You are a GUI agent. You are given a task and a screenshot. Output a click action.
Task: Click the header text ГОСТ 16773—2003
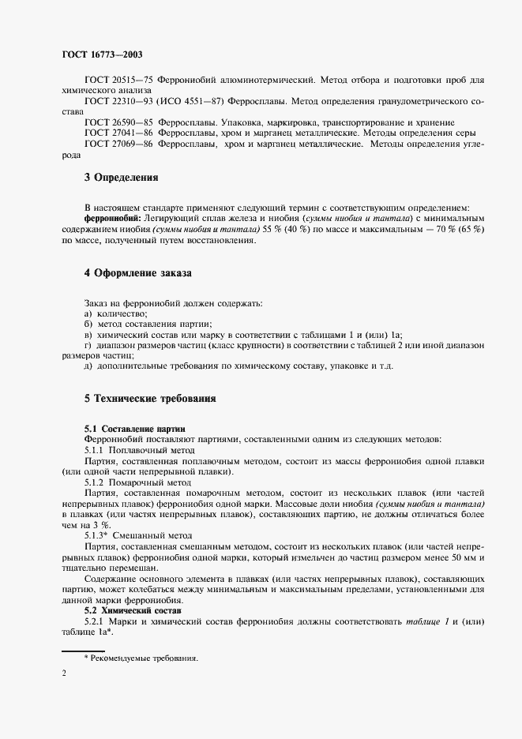(x=102, y=54)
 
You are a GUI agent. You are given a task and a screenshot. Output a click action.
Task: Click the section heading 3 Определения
(x=122, y=178)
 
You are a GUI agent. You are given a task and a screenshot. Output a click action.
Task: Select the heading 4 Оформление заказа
(x=137, y=273)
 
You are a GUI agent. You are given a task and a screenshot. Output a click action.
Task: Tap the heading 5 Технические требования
(x=150, y=400)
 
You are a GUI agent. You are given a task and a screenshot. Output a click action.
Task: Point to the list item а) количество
(x=115, y=314)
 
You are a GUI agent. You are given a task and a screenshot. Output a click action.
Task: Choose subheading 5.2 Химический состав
(x=133, y=611)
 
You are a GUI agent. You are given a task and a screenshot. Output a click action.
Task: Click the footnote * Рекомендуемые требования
(x=141, y=658)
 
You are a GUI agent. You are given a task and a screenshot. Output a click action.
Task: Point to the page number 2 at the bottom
(x=64, y=673)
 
